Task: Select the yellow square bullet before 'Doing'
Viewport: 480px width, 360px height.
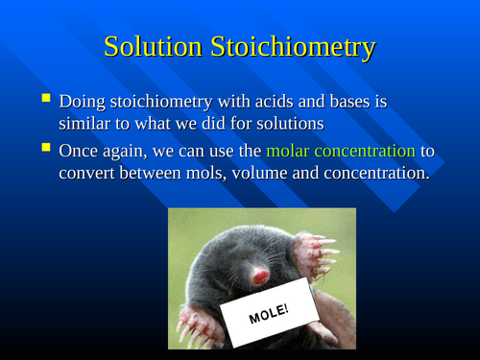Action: (x=45, y=99)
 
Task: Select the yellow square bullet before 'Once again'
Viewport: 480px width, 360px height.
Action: (x=45, y=149)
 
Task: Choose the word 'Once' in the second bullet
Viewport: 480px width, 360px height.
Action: (x=81, y=151)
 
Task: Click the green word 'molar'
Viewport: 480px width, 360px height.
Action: (x=291, y=151)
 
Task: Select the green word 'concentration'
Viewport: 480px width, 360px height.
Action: (x=368, y=151)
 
